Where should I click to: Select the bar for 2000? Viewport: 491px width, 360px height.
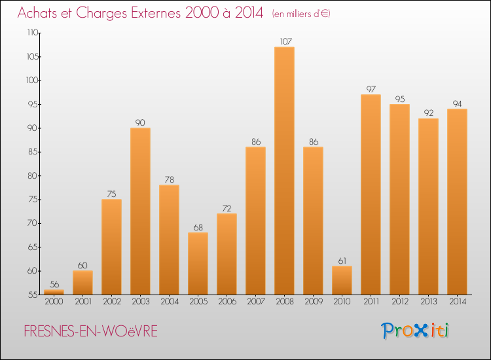coord(54,292)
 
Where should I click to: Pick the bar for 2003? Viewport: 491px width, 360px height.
coord(140,211)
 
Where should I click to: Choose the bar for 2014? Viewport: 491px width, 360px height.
coord(457,202)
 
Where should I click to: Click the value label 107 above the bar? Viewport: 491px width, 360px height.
coord(284,42)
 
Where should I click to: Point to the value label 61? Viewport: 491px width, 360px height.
coord(342,261)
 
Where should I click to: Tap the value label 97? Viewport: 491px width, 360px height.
coord(371,89)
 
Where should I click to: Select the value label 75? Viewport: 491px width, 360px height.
coord(111,194)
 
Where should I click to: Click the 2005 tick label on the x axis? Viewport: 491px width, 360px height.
coord(198,302)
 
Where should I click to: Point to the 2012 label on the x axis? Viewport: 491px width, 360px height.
coord(399,302)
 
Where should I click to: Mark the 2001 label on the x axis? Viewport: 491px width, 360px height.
coord(82,302)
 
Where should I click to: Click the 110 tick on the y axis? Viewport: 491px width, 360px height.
coord(32,33)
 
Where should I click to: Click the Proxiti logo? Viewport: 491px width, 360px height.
coord(416,331)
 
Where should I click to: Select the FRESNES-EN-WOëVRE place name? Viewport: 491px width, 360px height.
coord(90,331)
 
